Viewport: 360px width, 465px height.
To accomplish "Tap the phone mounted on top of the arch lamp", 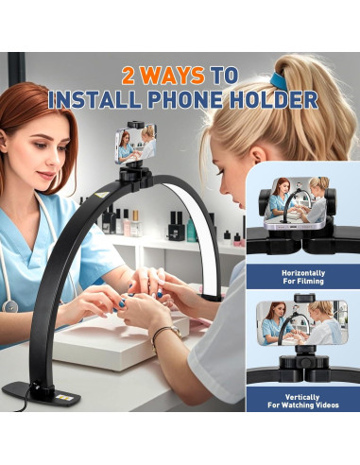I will (x=134, y=145).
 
